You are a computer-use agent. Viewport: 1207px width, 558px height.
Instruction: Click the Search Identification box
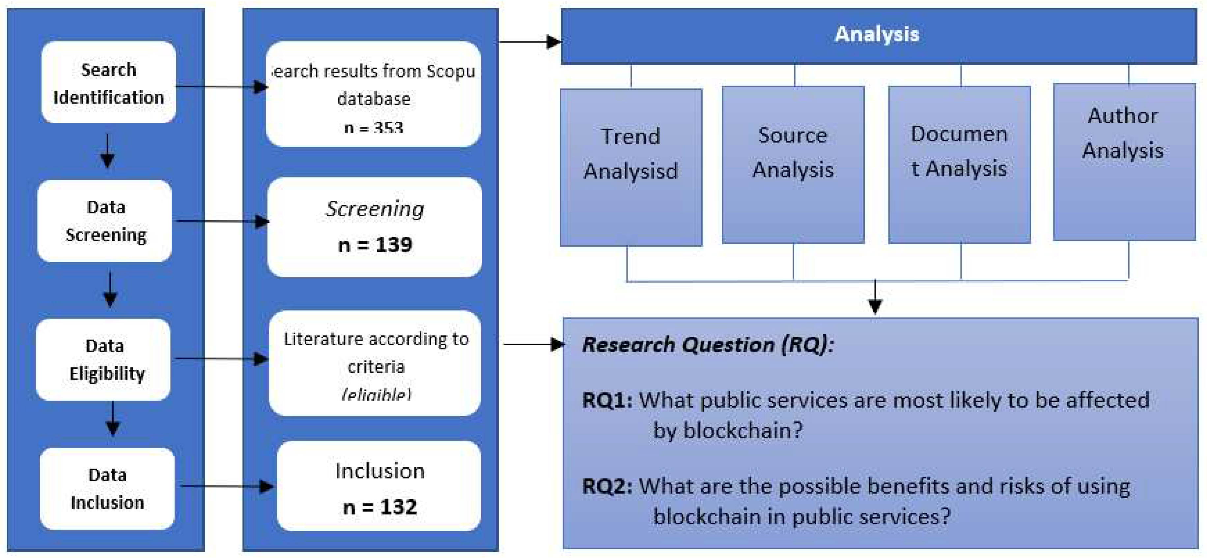click(108, 82)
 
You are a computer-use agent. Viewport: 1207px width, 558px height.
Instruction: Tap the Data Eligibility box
click(104, 360)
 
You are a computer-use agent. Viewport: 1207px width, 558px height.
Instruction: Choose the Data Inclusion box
click(107, 489)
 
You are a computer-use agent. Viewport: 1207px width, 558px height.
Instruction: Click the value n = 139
click(375, 245)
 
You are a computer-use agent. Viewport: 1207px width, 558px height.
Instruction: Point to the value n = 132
click(379, 507)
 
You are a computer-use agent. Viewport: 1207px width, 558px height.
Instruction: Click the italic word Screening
click(375, 209)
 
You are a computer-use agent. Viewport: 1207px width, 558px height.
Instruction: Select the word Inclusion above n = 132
click(379, 471)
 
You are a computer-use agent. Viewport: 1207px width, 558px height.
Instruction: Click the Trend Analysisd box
click(631, 168)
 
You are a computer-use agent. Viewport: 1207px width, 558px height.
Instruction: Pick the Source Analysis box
click(793, 165)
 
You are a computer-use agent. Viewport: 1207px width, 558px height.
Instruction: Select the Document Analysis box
click(959, 165)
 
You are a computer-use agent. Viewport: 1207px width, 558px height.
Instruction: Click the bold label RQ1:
click(607, 400)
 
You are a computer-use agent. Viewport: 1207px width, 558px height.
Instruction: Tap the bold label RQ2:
click(607, 486)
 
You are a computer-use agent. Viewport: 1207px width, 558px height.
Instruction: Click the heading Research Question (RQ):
click(708, 345)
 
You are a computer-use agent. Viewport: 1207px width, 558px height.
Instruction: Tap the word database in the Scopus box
click(374, 99)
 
